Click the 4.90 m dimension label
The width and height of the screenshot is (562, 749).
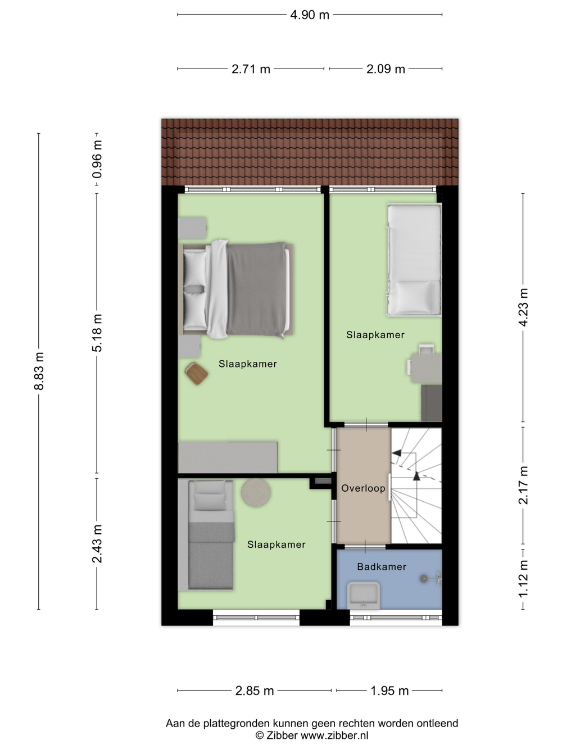[310, 15]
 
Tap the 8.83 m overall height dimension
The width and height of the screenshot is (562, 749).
[39, 371]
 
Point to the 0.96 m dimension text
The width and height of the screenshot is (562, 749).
[97, 159]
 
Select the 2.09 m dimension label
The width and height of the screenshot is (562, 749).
[386, 69]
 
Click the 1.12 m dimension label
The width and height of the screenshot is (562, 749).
[523, 579]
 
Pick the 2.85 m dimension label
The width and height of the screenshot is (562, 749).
[255, 691]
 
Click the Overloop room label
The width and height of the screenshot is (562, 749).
[364, 488]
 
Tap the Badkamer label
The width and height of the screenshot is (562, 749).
[382, 567]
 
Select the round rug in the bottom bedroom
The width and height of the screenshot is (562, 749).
[256, 492]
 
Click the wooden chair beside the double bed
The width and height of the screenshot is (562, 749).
[197, 373]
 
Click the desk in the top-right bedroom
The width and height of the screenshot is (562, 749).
[426, 368]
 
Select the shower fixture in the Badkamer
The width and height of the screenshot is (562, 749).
[431, 579]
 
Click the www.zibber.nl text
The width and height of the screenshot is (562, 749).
[334, 735]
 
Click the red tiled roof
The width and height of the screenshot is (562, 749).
[310, 152]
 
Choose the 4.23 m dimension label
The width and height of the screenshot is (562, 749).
[523, 307]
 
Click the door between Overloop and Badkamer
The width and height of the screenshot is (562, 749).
[365, 547]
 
